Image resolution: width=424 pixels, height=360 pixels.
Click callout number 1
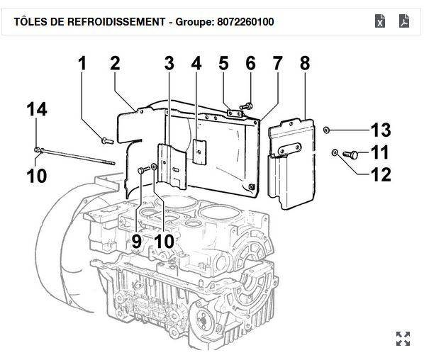(82, 64)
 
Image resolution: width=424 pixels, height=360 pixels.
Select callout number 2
(115, 64)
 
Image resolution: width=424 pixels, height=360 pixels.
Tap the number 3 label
(169, 64)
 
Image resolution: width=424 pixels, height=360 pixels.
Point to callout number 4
(196, 64)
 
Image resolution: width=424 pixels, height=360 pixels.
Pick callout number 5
(223, 64)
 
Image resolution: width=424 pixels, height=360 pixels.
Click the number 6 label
(250, 64)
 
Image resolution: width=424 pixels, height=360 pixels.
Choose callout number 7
(277, 64)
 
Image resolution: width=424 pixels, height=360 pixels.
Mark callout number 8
(305, 64)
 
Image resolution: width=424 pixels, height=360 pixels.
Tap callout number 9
(136, 241)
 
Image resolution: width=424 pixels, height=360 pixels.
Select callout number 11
(380, 152)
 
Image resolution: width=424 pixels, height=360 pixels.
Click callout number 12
(380, 174)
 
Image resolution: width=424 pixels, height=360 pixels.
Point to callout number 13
(380, 130)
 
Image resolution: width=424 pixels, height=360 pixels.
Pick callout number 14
(37, 110)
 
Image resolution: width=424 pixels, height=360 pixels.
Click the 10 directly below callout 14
(37, 175)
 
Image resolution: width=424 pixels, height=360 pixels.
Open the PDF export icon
(403, 21)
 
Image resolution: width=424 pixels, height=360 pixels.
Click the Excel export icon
(381, 21)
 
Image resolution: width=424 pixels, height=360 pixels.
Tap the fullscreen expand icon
(403, 339)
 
